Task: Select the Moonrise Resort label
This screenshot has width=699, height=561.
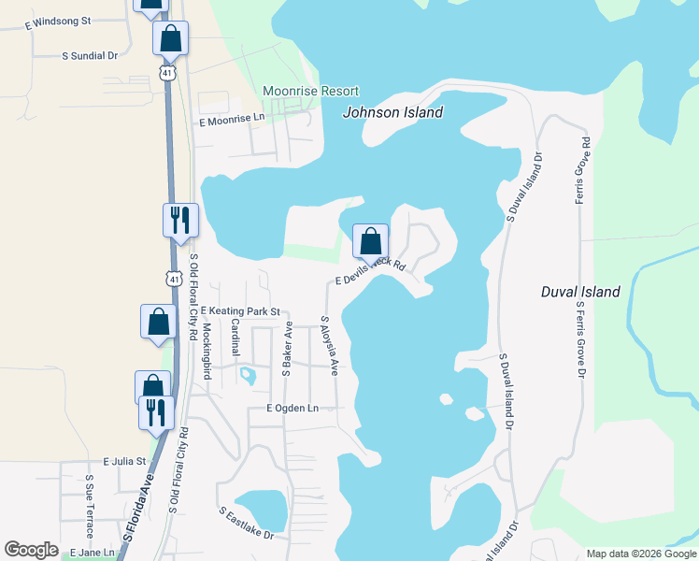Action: coord(311,91)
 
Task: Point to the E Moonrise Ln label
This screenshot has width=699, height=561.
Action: coord(232,122)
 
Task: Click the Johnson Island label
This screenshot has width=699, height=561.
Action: coord(392,112)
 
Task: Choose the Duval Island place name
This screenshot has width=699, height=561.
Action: coord(580,292)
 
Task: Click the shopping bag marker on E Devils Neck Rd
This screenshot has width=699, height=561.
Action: coord(370,241)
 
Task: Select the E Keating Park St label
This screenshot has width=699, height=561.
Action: coord(240,310)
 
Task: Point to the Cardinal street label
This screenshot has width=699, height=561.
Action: coord(235,338)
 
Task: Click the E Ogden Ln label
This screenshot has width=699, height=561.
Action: coord(292,409)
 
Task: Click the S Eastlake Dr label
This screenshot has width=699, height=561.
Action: coord(247,524)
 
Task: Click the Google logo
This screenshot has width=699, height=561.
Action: coord(31,550)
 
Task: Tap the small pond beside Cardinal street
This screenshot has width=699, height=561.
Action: coord(248,376)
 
